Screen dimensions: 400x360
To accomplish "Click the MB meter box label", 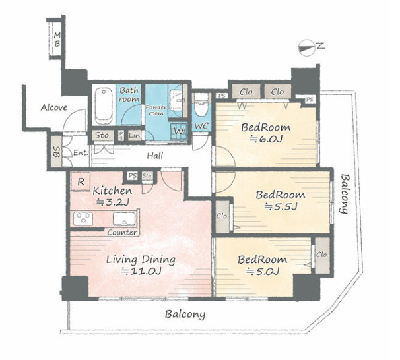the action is pos(57,40).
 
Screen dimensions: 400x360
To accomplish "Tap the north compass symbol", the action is pos(306,47).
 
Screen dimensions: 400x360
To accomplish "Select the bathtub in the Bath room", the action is pos(104,105).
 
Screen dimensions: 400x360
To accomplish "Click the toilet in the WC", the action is pos(201,105).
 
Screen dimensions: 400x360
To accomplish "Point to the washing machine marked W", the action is pos(180,131).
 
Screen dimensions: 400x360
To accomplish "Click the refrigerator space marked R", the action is pos(81,182).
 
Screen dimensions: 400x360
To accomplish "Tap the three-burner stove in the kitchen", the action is pos(83,219).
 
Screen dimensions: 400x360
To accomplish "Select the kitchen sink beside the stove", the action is pos(124,219).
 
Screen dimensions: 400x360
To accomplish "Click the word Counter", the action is pos(122,232).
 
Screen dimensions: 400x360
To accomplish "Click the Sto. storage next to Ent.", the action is pos(104,135).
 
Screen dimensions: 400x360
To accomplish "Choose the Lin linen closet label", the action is pos(134,135).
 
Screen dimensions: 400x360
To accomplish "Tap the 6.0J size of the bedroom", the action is pos(266,139).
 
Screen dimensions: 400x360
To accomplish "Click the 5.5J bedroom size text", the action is pos(281,206).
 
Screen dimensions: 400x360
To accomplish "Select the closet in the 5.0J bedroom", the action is pos(322,255).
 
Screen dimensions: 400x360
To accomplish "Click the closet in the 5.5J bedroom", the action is pos(222,216).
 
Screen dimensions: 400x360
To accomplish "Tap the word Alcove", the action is pos(54,107).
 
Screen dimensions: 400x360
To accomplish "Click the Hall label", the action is pos(155,156).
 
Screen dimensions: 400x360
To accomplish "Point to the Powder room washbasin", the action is pos(176,100).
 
